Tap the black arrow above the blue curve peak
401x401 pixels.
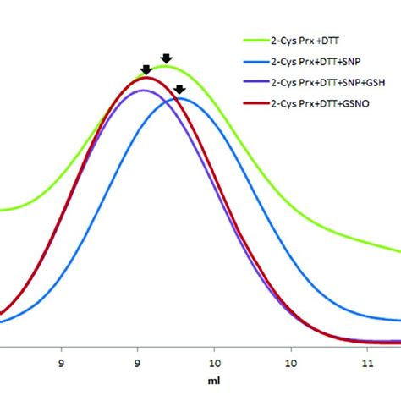pyautogui.click(x=179, y=89)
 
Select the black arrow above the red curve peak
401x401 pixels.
pyautogui.click(x=146, y=69)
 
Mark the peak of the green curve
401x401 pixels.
pyautogui.click(x=164, y=66)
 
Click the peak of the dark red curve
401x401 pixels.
pyautogui.click(x=146, y=77)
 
